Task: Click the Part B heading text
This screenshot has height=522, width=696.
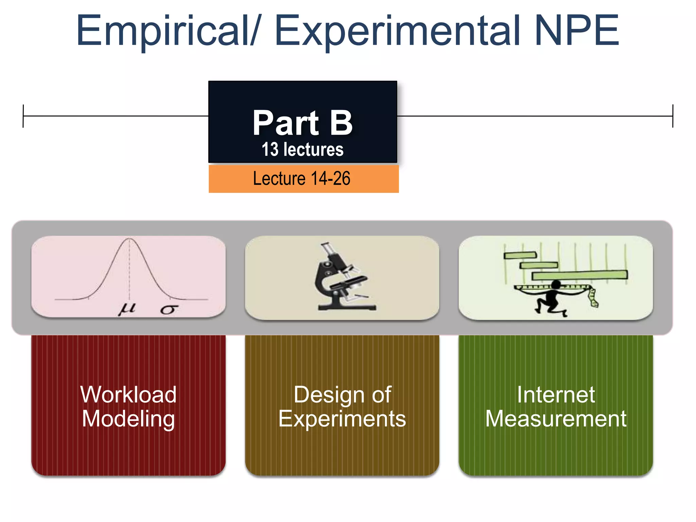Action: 302,123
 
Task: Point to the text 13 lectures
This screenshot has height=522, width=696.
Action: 302,150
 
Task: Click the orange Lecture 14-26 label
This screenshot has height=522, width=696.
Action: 302,179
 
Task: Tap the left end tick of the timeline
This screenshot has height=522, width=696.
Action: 23,116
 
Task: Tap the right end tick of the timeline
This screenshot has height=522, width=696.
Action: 673,116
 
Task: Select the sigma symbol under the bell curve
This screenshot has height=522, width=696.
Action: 169,310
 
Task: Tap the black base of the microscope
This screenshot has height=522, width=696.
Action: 347,307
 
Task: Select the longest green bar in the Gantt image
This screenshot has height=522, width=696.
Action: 579,275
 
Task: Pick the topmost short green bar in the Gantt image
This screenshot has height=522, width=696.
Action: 520,255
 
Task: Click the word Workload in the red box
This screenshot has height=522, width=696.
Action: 128,395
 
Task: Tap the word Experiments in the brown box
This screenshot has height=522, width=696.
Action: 342,419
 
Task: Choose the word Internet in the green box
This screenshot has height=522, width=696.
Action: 556,395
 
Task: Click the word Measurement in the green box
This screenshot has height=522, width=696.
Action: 556,419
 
